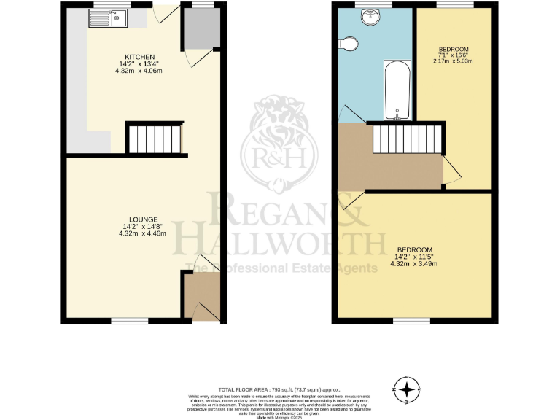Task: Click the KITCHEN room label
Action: tap(139, 56)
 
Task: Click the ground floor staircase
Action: tap(154, 138)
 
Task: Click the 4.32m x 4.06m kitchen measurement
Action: tap(139, 71)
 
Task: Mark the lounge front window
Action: tap(129, 320)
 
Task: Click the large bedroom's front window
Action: tap(411, 320)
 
